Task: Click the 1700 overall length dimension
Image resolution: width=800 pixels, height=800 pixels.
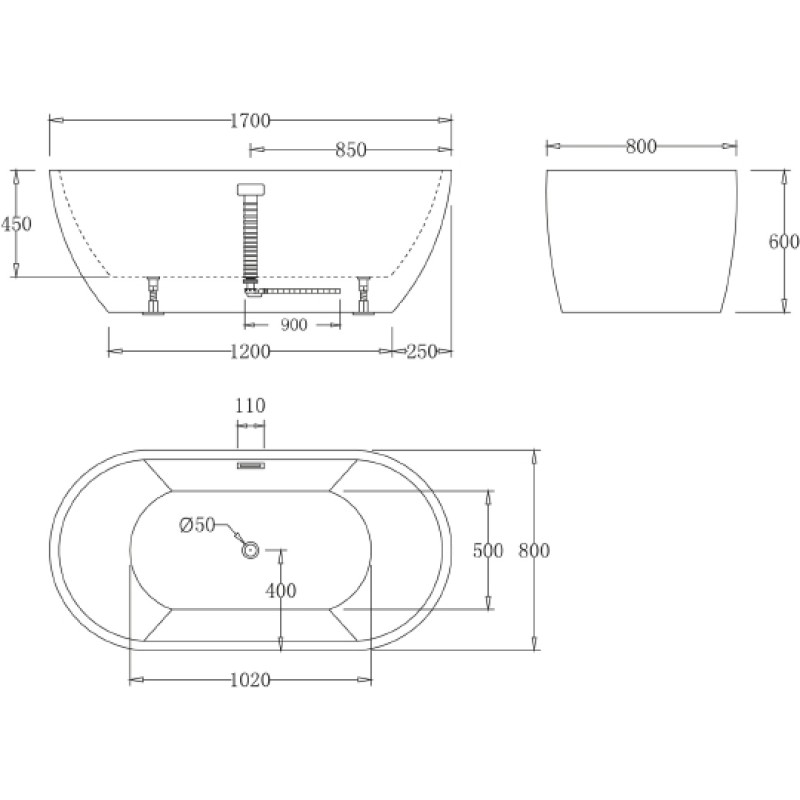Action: [x=249, y=121]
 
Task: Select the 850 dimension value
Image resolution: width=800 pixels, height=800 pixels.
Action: [x=351, y=150]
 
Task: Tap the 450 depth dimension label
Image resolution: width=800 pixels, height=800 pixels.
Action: [x=16, y=224]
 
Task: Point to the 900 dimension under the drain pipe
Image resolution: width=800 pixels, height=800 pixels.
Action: [x=294, y=325]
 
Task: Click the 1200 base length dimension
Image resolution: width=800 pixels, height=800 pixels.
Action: [x=249, y=352]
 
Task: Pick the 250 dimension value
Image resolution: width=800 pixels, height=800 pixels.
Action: [x=421, y=352]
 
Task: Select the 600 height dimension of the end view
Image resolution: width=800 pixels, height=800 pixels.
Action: [x=784, y=241]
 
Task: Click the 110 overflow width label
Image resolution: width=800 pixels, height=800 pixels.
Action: [x=250, y=406]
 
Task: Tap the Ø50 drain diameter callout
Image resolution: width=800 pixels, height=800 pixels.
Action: [x=197, y=524]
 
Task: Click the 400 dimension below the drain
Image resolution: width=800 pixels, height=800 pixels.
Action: [x=281, y=591]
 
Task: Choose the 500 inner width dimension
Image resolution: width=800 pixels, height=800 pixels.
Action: [x=488, y=551]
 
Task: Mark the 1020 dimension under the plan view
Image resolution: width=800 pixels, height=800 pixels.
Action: [x=249, y=680]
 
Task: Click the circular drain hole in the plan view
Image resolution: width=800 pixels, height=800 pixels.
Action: [x=250, y=550]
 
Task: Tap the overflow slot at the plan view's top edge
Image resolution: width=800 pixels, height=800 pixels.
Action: [x=251, y=465]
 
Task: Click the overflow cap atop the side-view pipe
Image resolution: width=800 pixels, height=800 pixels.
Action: [x=251, y=190]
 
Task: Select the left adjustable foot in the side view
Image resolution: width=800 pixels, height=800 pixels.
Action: [x=153, y=295]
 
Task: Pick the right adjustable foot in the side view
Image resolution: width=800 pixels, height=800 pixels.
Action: [x=363, y=295]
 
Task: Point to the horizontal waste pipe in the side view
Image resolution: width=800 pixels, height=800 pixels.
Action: [x=301, y=291]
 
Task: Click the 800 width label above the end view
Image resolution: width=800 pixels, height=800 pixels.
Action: [x=641, y=146]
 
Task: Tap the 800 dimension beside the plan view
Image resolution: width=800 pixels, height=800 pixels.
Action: [x=534, y=551]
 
